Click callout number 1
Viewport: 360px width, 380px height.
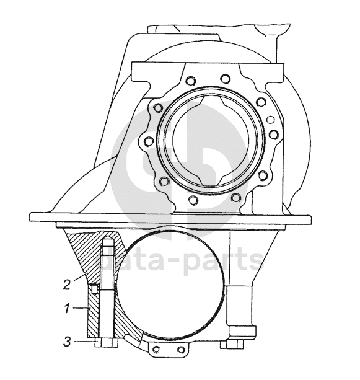(x=67, y=309)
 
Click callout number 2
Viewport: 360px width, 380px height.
(x=67, y=285)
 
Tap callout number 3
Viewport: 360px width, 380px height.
(x=67, y=342)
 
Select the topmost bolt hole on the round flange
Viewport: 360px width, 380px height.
(x=225, y=78)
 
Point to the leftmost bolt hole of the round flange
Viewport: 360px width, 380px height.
(x=148, y=141)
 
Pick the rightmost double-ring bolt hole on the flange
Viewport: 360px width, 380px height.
(x=274, y=133)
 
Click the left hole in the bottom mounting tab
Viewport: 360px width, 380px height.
(x=156, y=350)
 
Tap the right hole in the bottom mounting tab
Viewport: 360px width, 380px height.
(x=181, y=350)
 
